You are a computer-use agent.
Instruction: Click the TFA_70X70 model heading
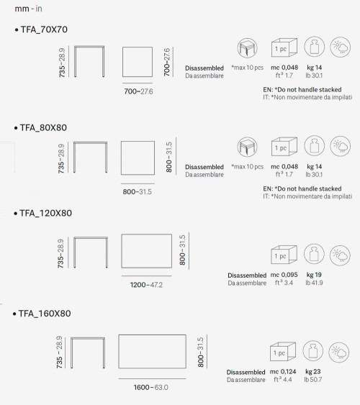pos(44,29)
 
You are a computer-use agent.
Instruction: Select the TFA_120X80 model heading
pos(46,213)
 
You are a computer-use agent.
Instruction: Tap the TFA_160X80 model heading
pos(45,314)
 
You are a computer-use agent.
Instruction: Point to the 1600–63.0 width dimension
pos(151,387)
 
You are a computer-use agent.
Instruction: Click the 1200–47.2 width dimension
pos(146,285)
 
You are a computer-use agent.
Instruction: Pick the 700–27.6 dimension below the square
pos(138,91)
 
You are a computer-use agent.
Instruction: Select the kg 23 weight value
pos(313,371)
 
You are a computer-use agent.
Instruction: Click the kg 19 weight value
pos(314,275)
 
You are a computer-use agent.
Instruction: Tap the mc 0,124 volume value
pos(283,371)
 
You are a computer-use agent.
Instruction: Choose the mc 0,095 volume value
pos(284,275)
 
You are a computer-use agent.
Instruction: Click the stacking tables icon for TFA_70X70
pos(248,48)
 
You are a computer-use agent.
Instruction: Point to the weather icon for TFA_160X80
pos(339,352)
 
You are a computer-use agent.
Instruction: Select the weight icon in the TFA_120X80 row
pos(314,254)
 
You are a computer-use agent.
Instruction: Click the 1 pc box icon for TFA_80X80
pos(284,147)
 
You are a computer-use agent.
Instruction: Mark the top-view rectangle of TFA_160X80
pos(152,352)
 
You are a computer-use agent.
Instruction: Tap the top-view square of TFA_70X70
pos(138,62)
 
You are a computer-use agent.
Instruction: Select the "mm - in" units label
pos(28,9)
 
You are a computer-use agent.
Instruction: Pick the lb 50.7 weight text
pos(313,379)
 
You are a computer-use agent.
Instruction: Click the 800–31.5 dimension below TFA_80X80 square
pos(138,191)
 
